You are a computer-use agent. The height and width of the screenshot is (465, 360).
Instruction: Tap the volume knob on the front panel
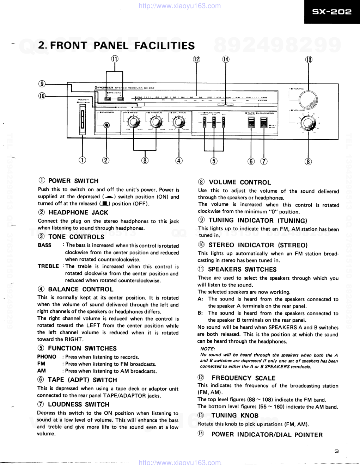[x=308, y=124]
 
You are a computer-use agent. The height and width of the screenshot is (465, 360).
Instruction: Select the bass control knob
[x=133, y=122]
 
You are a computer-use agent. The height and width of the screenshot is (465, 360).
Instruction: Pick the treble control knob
[x=155, y=122]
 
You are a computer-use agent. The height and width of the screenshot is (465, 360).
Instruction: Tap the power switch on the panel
[x=83, y=122]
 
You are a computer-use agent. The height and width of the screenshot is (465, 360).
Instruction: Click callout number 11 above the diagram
[x=115, y=59]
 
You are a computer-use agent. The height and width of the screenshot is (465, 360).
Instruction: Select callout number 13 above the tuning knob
[x=309, y=60]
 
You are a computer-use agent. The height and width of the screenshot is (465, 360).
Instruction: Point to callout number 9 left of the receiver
[x=42, y=84]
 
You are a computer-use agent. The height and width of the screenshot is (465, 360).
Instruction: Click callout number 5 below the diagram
[x=214, y=161]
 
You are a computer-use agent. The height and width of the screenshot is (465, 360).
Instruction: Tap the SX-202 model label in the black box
[x=332, y=12]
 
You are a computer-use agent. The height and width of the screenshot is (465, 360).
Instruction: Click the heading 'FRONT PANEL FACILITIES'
[x=116, y=45]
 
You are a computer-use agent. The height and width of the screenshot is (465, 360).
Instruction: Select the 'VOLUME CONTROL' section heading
[x=240, y=182]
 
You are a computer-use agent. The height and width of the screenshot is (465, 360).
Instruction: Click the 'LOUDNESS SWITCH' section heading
[x=78, y=404]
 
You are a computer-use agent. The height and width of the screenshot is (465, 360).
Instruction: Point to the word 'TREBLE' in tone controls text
[x=48, y=266]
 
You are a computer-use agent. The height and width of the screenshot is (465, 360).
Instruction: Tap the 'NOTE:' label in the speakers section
[x=208, y=349]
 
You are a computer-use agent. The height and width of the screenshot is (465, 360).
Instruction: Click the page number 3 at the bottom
[x=337, y=451]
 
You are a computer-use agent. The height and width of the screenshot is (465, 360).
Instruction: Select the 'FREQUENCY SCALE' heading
[x=243, y=378]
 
